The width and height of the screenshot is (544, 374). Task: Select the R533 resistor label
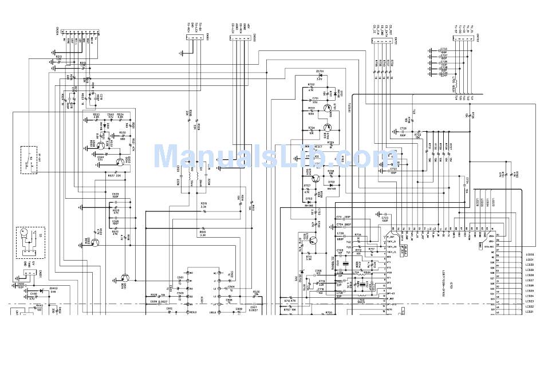tap(96, 115)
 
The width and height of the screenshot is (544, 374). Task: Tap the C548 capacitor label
tap(110, 115)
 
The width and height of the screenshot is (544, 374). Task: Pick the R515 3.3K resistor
tap(203, 234)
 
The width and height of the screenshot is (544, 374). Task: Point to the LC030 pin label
tap(529, 254)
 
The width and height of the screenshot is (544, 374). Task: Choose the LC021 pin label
tap(529, 312)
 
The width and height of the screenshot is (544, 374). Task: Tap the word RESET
tap(318, 147)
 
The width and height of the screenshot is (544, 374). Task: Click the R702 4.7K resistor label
tap(311, 85)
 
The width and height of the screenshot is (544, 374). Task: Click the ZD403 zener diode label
tap(53, 289)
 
